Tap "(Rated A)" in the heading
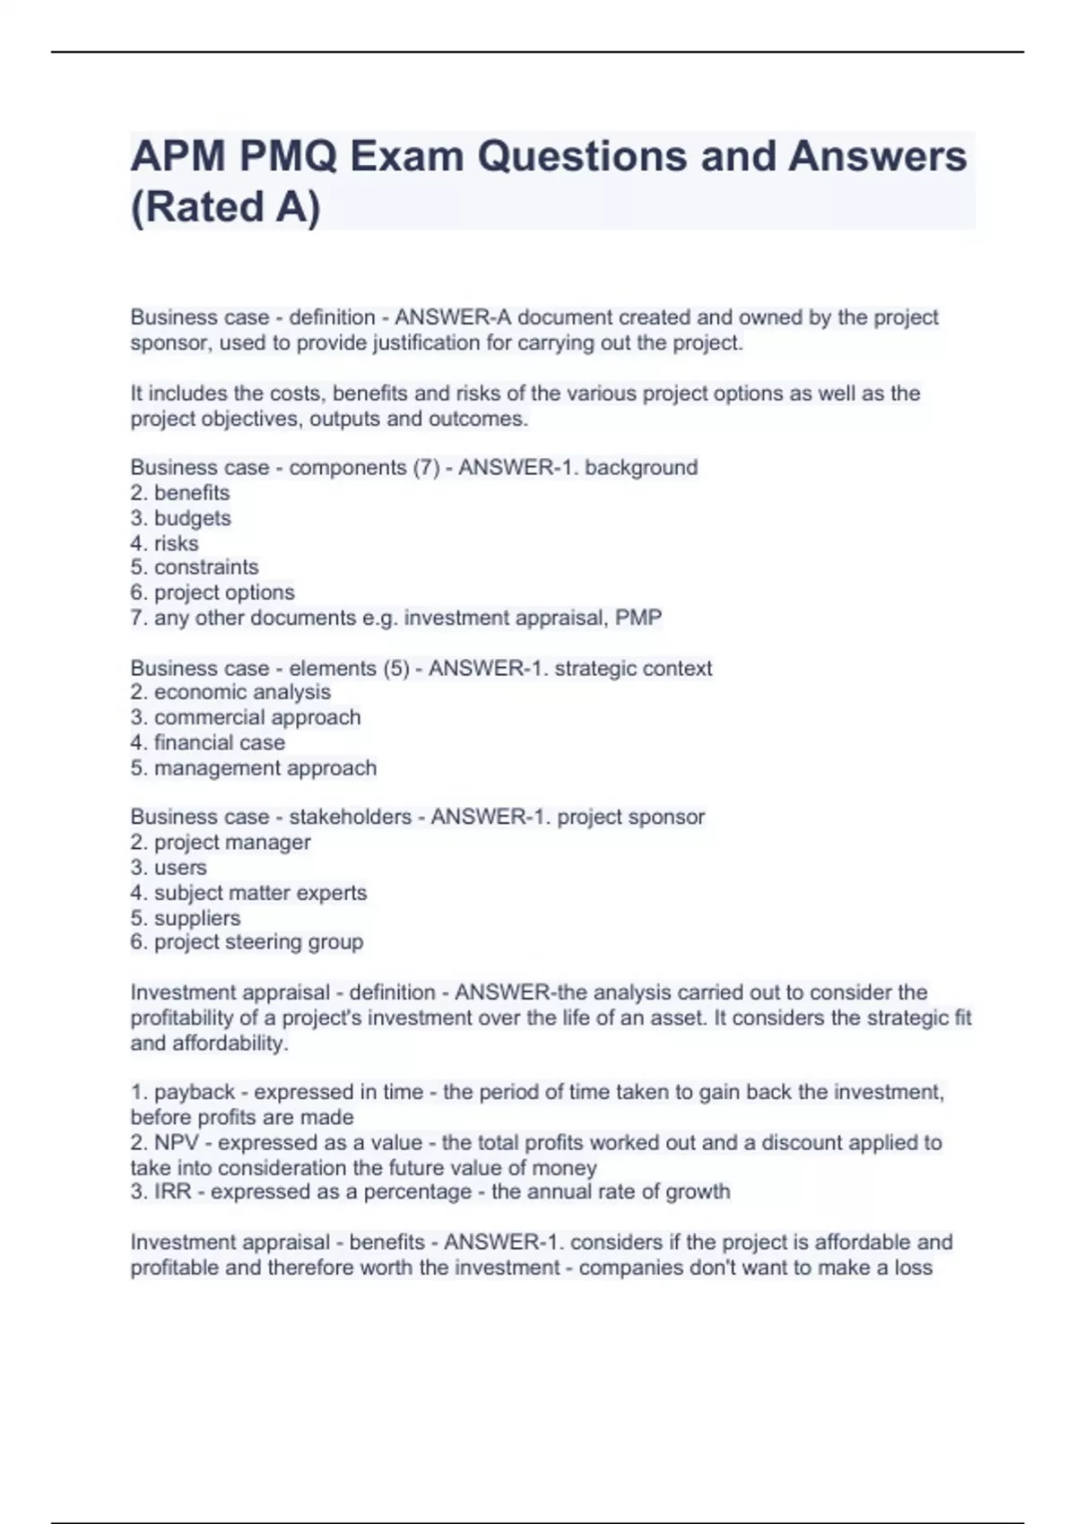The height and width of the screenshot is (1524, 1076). point(225,207)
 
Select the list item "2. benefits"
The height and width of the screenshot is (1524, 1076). point(180,493)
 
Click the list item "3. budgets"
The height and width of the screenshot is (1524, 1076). point(180,518)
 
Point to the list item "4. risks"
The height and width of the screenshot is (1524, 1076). point(164,543)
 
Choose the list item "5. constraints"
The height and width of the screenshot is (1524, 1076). point(195,567)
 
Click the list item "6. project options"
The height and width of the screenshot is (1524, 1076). point(213,593)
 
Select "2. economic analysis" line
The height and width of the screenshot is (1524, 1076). point(230,692)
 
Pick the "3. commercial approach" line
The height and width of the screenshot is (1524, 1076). point(246,717)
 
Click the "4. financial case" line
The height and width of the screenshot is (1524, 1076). point(208,742)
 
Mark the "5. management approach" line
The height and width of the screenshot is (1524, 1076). point(254,768)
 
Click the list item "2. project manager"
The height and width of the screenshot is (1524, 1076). point(221,843)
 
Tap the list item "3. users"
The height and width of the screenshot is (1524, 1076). point(169,868)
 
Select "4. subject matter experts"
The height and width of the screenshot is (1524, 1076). point(248,893)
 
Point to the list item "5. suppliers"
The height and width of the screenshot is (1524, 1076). point(186,918)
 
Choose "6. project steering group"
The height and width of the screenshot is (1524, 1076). point(247,942)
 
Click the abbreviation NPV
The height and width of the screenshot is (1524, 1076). point(177,1143)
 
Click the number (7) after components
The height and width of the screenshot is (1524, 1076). point(426,468)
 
